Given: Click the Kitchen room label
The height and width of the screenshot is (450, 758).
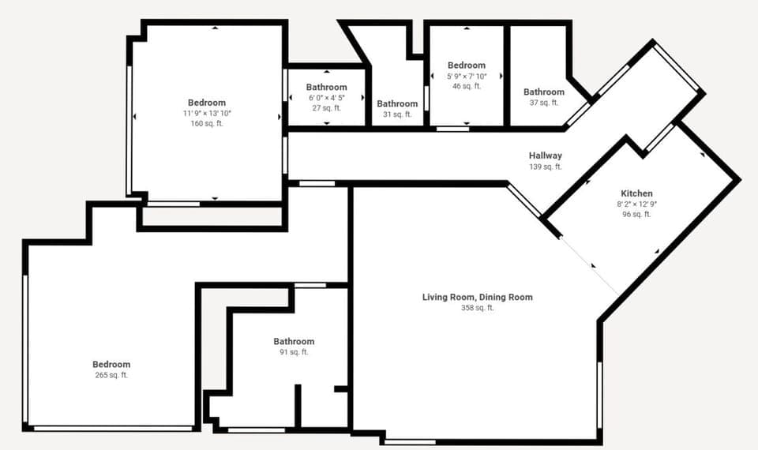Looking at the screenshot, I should click(636, 193).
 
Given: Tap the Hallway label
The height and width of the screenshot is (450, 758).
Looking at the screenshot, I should click(545, 156).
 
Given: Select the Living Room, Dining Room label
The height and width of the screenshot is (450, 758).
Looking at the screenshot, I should click(477, 298).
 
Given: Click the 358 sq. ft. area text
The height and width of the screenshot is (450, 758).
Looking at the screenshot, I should click(477, 308).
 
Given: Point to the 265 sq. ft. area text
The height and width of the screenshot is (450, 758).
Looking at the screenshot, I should click(111, 375).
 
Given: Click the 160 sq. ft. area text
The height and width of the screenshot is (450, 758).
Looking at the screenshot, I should click(207, 124).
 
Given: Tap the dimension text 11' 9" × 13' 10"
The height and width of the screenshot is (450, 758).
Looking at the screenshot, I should click(207, 114).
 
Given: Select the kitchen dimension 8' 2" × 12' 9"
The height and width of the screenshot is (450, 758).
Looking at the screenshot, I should click(636, 204).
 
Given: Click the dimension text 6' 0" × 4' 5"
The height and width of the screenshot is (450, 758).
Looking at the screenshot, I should click(326, 98).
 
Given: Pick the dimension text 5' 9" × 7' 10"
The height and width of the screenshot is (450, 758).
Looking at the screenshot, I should click(466, 76).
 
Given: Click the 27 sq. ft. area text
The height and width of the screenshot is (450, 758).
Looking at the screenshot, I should click(326, 108).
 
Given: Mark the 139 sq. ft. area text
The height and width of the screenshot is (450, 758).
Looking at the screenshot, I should click(545, 167).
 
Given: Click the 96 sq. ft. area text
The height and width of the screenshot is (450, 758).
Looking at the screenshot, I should click(636, 214).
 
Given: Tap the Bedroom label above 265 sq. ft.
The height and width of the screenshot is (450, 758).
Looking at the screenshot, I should click(111, 364).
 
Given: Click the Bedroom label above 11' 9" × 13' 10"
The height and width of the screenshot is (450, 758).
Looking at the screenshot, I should click(207, 103).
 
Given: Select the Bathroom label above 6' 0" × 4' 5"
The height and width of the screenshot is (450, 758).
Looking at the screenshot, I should click(326, 87).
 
